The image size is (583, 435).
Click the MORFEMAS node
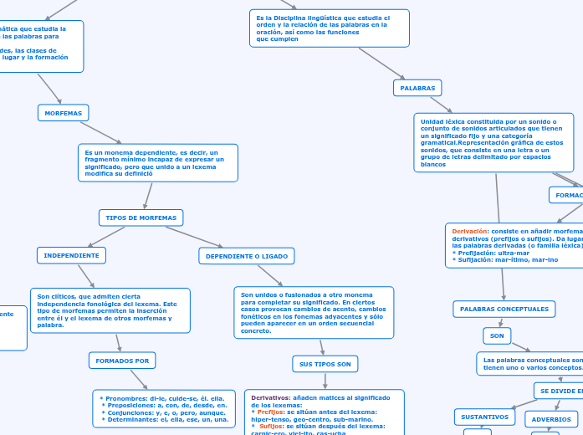point(64,112)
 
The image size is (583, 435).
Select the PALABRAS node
point(417,87)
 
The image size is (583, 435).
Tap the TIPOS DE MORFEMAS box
point(141,217)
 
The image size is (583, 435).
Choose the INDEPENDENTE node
point(71,255)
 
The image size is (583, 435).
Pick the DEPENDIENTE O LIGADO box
point(246,255)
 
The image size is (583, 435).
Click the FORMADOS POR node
point(122,361)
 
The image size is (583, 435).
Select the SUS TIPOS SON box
point(325,363)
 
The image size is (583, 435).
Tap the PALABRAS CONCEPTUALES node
point(504,310)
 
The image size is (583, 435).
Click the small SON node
point(497,335)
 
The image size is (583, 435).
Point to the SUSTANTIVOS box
point(485,417)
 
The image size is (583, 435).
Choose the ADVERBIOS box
point(551,419)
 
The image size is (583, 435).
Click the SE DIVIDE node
point(558,391)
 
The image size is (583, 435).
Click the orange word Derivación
point(470,231)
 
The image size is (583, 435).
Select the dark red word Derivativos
point(271,397)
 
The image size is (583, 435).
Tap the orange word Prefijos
point(270,412)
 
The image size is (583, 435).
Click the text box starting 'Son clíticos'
point(110,310)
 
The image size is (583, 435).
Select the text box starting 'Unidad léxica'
point(494,142)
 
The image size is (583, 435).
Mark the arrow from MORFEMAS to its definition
point(100,132)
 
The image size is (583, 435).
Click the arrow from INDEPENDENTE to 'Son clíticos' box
point(86,276)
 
